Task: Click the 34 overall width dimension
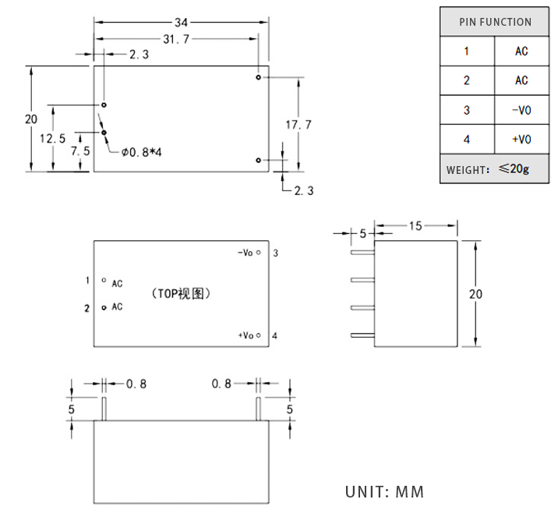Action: click(181, 23)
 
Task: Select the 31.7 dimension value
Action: click(176, 39)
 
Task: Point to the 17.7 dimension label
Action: click(298, 125)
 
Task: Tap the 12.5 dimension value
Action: click(53, 138)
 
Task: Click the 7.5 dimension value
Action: click(80, 151)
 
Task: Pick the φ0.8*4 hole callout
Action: click(141, 152)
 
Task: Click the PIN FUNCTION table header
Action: click(495, 22)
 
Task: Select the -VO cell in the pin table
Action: click(521, 110)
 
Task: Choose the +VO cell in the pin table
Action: click(521, 140)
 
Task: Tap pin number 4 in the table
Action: click(467, 140)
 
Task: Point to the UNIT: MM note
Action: click(385, 492)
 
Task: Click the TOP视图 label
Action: click(181, 294)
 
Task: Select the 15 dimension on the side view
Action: click(415, 225)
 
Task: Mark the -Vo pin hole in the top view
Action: click(259, 253)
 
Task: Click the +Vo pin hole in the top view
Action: click(259, 335)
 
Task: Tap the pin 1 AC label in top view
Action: click(117, 284)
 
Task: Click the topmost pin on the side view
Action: click(362, 253)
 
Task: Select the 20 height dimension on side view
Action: click(475, 294)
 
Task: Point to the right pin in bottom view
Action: click(259, 409)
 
